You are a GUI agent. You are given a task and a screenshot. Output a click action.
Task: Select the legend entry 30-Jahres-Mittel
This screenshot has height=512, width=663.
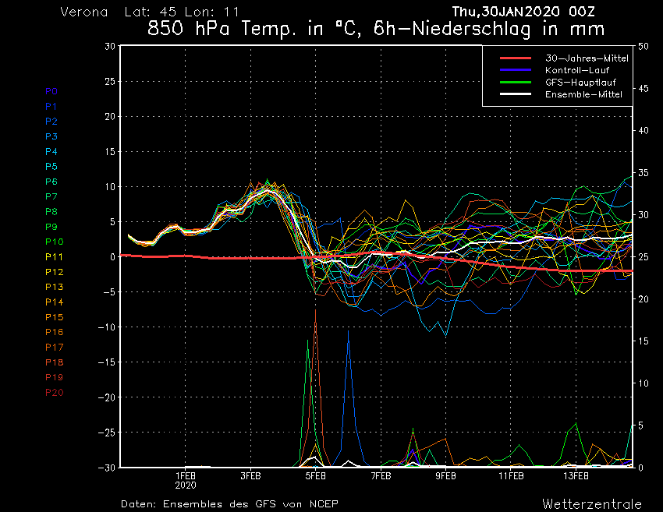click(578, 58)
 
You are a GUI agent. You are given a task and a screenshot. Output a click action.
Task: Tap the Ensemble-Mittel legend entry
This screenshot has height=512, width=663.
click(577, 94)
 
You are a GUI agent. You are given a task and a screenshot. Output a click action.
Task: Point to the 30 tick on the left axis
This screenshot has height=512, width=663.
click(111, 46)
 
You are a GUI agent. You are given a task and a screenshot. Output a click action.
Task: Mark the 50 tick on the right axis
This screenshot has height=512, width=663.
click(643, 46)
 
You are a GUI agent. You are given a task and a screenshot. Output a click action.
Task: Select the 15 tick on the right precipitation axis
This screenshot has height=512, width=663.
click(643, 341)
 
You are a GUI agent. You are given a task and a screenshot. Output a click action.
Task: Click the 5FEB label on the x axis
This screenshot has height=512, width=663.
click(315, 475)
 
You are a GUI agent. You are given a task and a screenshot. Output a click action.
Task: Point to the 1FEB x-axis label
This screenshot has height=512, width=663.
click(185, 475)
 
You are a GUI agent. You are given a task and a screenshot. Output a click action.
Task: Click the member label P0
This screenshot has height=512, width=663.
click(51, 91)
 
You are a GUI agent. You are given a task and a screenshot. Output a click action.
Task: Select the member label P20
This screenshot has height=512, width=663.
click(55, 392)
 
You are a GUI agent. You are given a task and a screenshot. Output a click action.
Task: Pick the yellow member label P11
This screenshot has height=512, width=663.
click(54, 256)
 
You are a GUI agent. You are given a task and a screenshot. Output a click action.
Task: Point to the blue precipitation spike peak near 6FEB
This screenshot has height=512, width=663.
click(349, 331)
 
